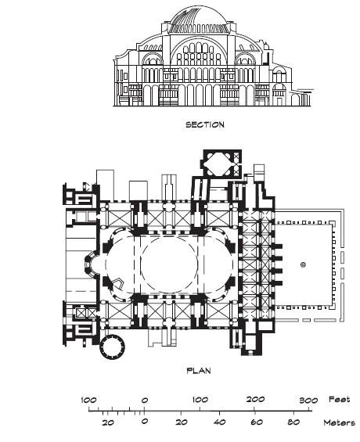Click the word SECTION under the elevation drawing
pyautogui.click(x=205, y=124)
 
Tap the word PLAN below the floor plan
pyautogui.click(x=199, y=370)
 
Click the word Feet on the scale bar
pyautogui.click(x=340, y=399)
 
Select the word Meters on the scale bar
pyautogui.click(x=340, y=422)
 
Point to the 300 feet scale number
pyautogui.click(x=308, y=400)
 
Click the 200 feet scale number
pyautogui.click(x=255, y=399)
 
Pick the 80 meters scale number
pyautogui.click(x=293, y=422)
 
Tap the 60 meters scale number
pyautogui.click(x=256, y=422)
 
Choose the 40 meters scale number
pyautogui.click(x=219, y=422)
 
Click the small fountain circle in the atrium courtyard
pyautogui.click(x=303, y=264)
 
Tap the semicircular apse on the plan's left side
pyautogui.click(x=89, y=264)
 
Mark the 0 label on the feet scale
pyautogui.click(x=144, y=401)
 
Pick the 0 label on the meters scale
pyautogui.click(x=144, y=422)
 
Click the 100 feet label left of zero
pyautogui.click(x=88, y=400)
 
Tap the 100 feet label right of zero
pyautogui.click(x=200, y=400)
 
